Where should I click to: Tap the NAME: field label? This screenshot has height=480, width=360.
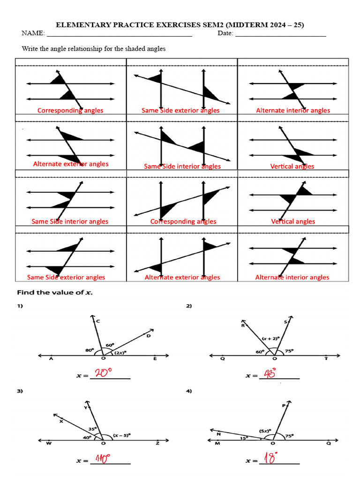(x=33, y=33)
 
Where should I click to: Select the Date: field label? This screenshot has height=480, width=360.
(x=225, y=33)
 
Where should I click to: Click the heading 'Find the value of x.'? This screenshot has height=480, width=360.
(x=55, y=293)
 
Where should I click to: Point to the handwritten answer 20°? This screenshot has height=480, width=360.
(x=105, y=373)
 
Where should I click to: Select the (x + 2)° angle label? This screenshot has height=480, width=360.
(x=271, y=337)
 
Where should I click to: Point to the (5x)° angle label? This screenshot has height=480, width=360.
(x=263, y=430)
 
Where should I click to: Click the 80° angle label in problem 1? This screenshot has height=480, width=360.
(x=90, y=349)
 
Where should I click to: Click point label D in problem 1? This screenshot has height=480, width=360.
(x=148, y=336)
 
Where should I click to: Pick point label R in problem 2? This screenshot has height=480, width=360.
(x=243, y=325)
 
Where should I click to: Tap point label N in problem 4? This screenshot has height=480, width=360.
(x=218, y=434)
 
